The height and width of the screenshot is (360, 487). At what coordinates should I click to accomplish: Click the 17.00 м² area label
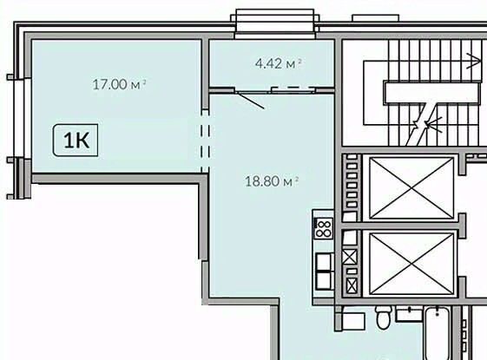[119, 84]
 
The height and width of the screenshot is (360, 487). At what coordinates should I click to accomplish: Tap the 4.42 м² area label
[279, 63]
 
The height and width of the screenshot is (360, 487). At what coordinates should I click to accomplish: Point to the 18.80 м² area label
[272, 181]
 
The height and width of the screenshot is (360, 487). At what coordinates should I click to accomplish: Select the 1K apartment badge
[76, 140]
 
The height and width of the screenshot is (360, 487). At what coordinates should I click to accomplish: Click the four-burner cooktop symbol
[323, 228]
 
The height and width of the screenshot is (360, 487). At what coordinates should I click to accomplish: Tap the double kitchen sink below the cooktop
[325, 272]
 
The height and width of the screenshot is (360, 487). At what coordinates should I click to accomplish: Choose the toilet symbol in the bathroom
[382, 317]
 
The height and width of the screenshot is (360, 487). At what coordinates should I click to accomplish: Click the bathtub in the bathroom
[437, 333]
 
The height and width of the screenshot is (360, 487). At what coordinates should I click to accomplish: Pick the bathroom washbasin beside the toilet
[409, 313]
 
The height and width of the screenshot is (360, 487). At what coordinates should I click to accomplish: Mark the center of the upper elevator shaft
[411, 188]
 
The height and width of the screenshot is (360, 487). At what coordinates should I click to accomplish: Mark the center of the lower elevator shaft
[411, 264]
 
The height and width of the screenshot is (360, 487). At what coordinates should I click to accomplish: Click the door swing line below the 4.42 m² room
[250, 100]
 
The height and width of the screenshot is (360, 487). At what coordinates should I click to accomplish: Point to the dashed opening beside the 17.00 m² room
[205, 141]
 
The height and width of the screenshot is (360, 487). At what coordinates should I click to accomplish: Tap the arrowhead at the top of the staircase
[474, 61]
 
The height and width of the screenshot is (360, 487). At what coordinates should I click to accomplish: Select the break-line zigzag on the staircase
[422, 125]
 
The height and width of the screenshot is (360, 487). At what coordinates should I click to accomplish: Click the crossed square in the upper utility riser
[350, 257]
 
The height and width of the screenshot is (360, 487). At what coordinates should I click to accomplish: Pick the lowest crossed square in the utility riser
[352, 285]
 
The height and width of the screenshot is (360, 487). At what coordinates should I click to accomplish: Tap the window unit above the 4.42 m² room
[275, 24]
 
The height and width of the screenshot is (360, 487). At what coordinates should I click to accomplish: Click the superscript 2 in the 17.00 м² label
[144, 82]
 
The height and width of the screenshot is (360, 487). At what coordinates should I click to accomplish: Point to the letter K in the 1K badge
[82, 141]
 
